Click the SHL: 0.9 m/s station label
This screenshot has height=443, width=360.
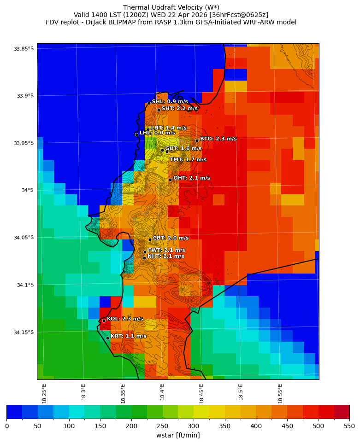tap(170, 101)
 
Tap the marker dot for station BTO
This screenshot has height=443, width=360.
tap(197, 140)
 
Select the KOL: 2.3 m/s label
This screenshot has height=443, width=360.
tap(125, 319)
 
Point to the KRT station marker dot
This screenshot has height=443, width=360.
tap(107, 338)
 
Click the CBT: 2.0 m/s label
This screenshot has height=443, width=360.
tap(171, 238)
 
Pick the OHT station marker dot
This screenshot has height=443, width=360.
tap(170, 180)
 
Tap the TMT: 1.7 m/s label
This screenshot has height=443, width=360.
tap(188, 160)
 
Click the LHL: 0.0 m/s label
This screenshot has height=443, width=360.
tap(157, 133)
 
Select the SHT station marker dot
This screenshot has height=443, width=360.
tap(159, 110)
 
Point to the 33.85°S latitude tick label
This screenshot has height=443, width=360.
tap(24, 49)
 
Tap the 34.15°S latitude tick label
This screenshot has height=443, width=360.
tap(24, 332)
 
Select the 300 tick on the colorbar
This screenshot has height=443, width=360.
tap(194, 426)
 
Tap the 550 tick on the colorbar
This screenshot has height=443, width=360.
tap(349, 426)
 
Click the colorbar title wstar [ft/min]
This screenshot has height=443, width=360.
tap(178, 435)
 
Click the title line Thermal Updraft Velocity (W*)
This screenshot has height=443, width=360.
tap(171, 7)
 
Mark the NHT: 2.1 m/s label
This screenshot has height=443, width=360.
tap(165, 256)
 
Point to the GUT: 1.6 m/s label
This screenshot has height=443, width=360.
tap(183, 149)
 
